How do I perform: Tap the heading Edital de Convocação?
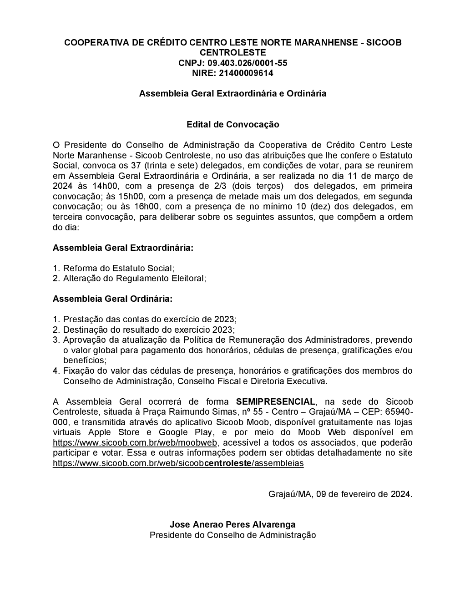[233, 124]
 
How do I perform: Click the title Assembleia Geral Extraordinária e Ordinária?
[233, 93]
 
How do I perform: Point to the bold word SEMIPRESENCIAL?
[275, 401]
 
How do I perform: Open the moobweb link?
[136, 442]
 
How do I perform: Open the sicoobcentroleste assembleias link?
[178, 463]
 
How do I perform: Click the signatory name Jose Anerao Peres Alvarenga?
[233, 525]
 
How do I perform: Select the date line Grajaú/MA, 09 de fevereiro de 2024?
[340, 494]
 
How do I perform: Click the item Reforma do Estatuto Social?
[118, 268]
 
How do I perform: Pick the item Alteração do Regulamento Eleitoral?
[134, 278]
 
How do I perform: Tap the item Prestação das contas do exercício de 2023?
[150, 320]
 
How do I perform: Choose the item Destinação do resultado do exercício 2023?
[149, 330]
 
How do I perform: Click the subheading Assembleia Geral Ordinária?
[112, 299]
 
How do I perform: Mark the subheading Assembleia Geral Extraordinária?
[123, 248]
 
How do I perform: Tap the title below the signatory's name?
[233, 535]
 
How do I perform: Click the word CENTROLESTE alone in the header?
[233, 52]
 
